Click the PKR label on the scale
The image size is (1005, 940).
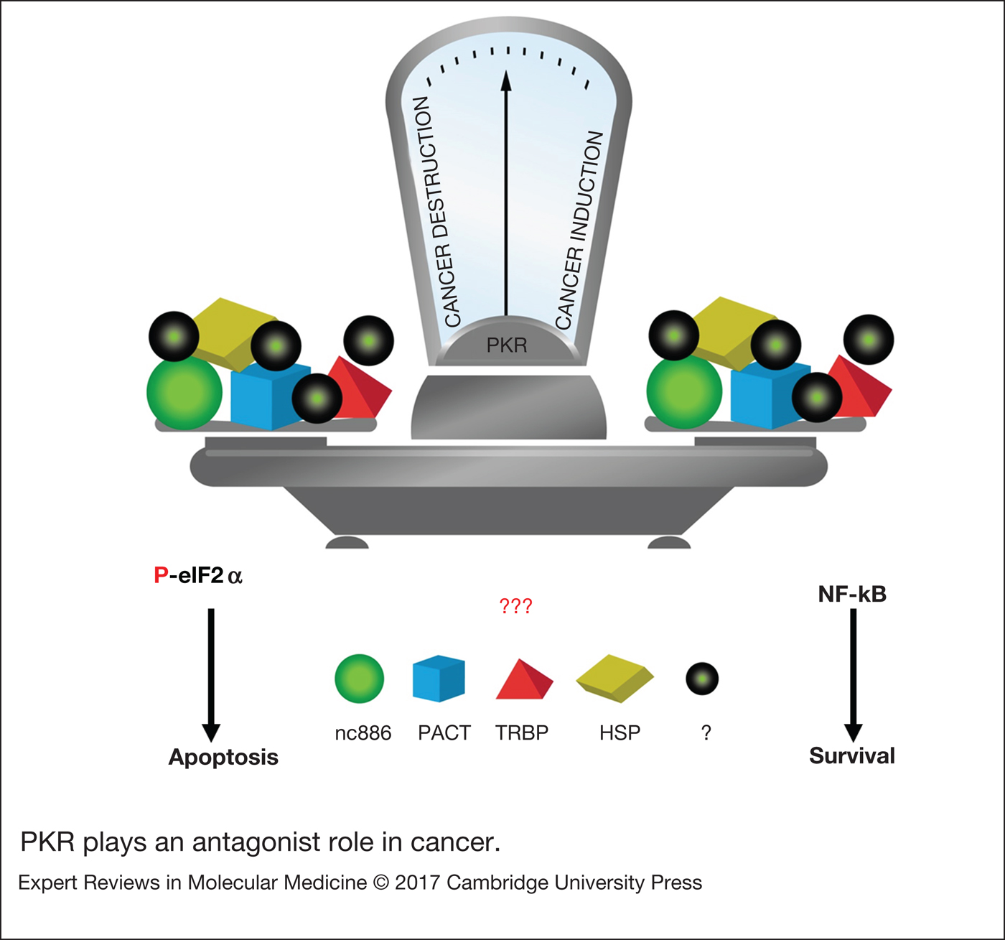coord(507,345)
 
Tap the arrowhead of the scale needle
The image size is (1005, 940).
coord(506,80)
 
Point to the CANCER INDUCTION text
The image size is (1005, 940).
coord(579,230)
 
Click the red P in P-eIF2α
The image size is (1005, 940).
coord(161,576)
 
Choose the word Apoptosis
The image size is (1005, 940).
coord(223,757)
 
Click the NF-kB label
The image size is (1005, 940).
coord(852,595)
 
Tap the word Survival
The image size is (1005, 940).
coord(852,755)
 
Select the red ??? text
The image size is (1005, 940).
coord(515,607)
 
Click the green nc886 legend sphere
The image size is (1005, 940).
coord(360,679)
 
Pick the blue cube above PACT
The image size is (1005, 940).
coord(439,679)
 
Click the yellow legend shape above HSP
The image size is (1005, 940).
coord(615,677)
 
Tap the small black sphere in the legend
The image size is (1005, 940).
coord(702,679)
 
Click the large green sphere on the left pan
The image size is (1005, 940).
coord(184,393)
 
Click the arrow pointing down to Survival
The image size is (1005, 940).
coord(853,675)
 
